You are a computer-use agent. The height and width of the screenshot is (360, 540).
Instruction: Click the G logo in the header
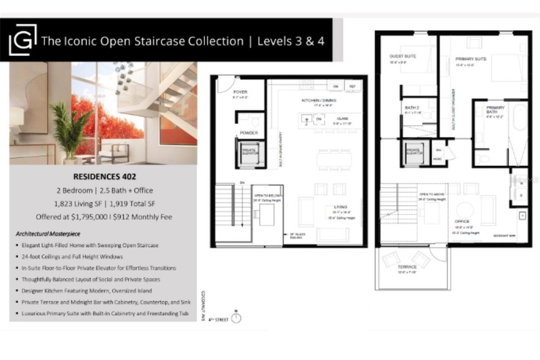22,40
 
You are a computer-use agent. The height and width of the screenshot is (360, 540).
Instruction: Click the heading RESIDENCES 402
103,175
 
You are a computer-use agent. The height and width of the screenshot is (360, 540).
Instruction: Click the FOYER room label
240,92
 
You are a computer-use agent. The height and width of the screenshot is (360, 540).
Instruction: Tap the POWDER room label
249,133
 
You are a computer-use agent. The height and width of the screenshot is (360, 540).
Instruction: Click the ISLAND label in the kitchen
342,118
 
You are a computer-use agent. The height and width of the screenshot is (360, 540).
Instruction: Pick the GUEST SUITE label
402,57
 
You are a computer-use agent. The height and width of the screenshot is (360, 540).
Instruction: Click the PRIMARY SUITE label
471,59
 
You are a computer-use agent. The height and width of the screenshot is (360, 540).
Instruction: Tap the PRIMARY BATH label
495,109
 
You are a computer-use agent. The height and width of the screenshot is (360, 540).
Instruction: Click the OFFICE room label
464,223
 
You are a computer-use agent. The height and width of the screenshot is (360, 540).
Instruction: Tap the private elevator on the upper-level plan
415,152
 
